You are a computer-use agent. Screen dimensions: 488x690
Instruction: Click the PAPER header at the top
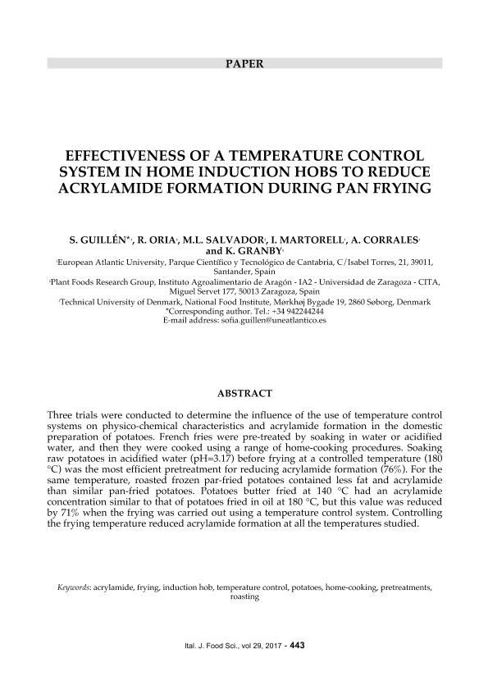[244, 63]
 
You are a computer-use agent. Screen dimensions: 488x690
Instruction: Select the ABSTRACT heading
[244, 392]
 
